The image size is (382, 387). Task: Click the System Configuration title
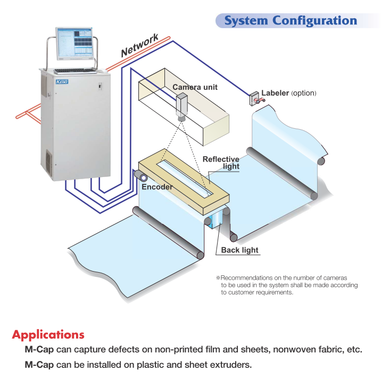coord(290,21)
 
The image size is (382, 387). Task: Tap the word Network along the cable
coord(140,45)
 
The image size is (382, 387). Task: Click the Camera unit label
coord(195,87)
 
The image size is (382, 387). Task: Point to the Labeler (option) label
coord(288,93)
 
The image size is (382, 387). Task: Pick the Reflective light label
coord(221,163)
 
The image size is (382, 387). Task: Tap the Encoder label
coord(156,187)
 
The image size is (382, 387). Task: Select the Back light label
coord(239,250)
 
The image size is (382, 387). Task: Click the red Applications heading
coord(48,335)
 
